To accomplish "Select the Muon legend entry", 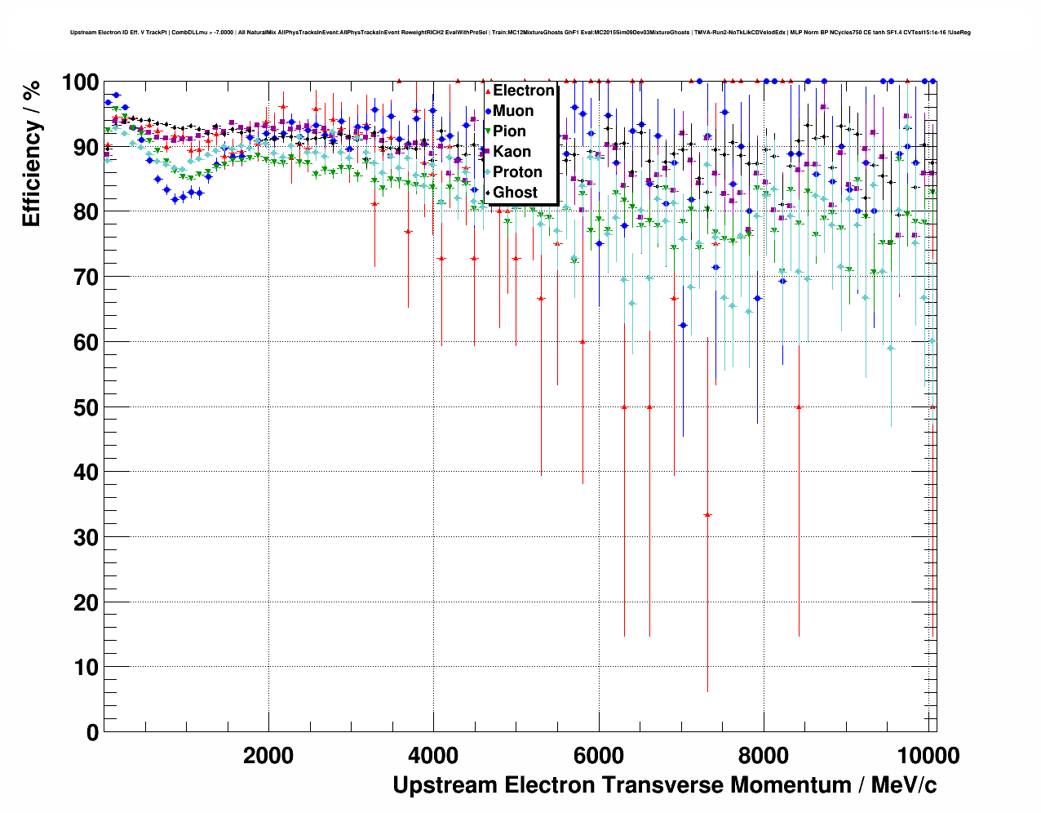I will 512,111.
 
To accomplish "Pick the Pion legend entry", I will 509,131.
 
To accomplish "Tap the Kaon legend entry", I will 512,152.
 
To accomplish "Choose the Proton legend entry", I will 517,172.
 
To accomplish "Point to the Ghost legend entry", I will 515,193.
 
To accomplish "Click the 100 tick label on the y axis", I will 80,82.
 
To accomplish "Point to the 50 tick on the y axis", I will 86,407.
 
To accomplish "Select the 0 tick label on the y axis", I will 91,732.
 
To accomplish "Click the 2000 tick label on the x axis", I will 268,756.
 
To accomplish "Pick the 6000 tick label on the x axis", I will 599,756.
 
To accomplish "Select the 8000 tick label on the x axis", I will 764,756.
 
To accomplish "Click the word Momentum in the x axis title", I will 791,785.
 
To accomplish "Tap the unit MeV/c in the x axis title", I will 904,785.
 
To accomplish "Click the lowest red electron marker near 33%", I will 707,515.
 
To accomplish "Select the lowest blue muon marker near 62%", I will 683,326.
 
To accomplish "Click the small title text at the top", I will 520,33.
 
